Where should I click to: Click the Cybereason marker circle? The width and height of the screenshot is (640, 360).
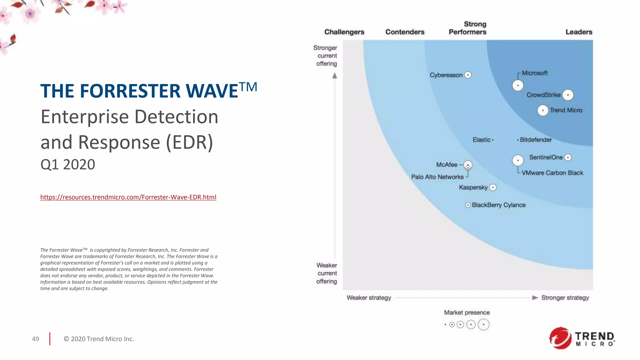click(x=468, y=75)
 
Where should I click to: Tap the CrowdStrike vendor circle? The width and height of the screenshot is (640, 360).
click(x=568, y=95)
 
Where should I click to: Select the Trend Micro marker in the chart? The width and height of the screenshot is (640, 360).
click(x=543, y=110)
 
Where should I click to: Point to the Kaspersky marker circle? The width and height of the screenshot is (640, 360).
click(x=493, y=187)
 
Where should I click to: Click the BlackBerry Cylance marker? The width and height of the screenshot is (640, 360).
click(x=468, y=205)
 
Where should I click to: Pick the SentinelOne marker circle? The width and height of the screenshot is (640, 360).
click(x=568, y=157)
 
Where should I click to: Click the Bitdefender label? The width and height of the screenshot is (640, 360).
click(x=536, y=140)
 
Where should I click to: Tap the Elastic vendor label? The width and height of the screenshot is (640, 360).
click(x=481, y=140)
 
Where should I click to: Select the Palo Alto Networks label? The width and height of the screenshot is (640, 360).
click(x=437, y=177)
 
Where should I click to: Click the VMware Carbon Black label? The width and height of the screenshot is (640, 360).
click(x=552, y=173)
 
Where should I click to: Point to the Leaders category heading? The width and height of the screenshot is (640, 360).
click(x=579, y=32)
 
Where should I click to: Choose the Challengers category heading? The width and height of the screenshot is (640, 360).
click(x=344, y=32)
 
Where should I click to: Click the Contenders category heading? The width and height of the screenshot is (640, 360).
click(x=405, y=32)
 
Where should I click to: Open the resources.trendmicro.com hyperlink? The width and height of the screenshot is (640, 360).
click(x=128, y=197)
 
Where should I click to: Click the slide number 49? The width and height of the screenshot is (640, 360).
click(x=36, y=339)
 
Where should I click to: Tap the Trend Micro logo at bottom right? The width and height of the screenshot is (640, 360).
click(x=582, y=338)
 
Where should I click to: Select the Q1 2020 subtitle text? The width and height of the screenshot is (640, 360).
click(x=68, y=164)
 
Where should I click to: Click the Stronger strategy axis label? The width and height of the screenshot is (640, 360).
click(x=565, y=298)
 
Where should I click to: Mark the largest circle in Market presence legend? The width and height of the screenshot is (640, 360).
click(x=483, y=325)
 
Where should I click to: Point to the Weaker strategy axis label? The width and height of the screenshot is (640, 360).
click(x=369, y=298)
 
